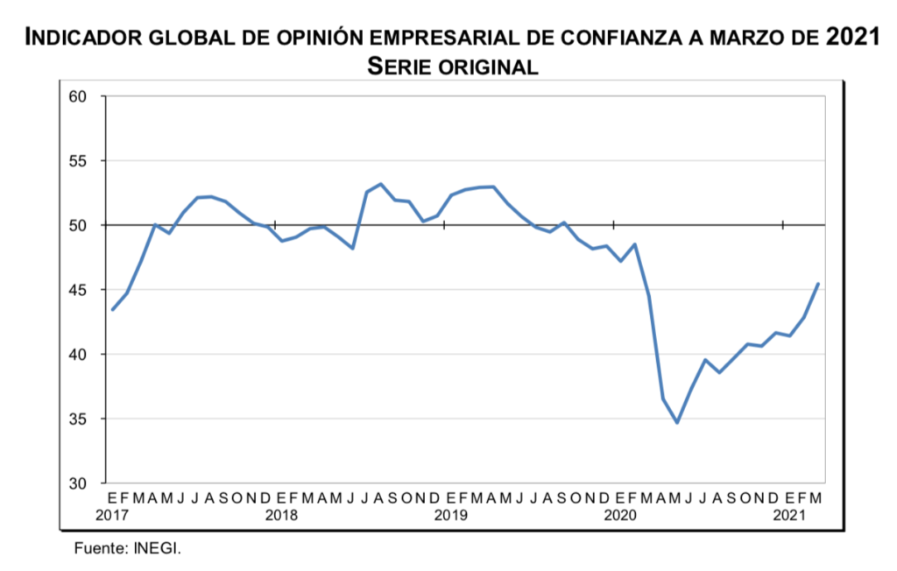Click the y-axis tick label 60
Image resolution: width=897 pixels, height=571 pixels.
pos(80,96)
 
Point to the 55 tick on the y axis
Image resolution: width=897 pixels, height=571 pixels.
pos(80,161)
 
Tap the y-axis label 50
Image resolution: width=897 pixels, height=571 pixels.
pos(80,225)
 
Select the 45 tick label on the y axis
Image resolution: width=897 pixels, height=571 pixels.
pos(80,290)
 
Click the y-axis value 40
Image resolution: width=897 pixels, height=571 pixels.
pos(80,355)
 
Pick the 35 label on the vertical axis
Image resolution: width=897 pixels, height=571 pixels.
pos(80,419)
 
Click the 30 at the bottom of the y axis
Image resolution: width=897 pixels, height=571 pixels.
pos(80,483)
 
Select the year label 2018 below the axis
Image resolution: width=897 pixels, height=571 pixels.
pos(280,515)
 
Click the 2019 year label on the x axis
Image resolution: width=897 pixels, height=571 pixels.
pos(450,515)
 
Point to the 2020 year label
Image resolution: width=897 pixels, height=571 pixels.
pos(619,515)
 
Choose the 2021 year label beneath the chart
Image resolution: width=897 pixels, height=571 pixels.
pos(788,515)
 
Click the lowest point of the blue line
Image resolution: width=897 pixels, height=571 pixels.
pos(677,422)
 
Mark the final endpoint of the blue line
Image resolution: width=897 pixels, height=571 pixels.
pos(818,284)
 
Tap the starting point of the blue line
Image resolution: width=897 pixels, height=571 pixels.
pos(112,309)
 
